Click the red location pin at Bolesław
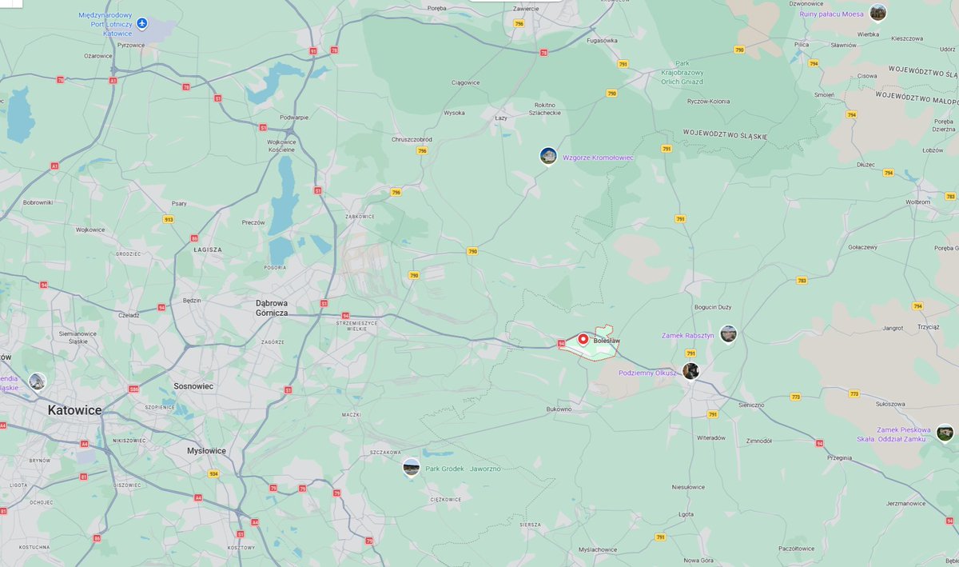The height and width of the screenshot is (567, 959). [x=583, y=339]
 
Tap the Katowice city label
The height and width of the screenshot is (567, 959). [x=75, y=410]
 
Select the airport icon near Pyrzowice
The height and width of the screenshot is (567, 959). [x=142, y=22]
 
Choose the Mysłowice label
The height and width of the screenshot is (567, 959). [x=206, y=450]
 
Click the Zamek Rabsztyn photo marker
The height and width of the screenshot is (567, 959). [x=728, y=333]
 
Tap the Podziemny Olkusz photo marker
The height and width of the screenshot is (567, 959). [x=690, y=370]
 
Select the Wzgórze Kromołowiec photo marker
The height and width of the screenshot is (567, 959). [x=548, y=155]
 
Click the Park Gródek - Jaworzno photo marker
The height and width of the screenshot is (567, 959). [x=412, y=467]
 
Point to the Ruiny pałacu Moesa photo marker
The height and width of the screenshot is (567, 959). [x=877, y=12]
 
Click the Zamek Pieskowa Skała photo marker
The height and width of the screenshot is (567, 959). [x=945, y=433]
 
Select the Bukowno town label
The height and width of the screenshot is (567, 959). [x=559, y=409]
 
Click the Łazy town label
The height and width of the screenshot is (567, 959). [x=502, y=118]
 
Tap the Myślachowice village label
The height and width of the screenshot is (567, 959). [x=598, y=549]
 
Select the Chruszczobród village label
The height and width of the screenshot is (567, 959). [x=412, y=139]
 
